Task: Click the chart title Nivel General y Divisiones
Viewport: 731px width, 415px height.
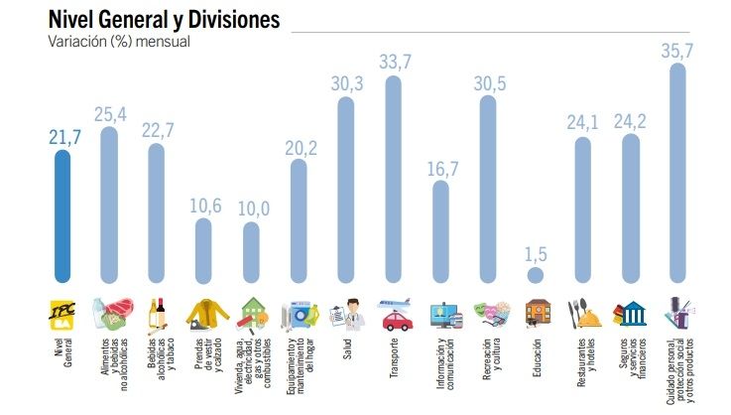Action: [164, 19]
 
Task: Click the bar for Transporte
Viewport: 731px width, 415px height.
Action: [393, 179]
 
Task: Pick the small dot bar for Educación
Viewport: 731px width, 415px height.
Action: [536, 274]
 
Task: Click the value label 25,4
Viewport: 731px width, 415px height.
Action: [108, 113]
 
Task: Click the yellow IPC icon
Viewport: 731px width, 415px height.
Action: [61, 314]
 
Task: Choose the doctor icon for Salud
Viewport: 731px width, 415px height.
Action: [346, 314]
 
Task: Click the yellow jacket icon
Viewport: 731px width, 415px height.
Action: [203, 314]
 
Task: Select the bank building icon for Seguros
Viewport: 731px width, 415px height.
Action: [631, 314]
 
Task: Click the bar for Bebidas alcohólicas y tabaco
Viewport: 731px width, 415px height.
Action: [157, 213]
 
